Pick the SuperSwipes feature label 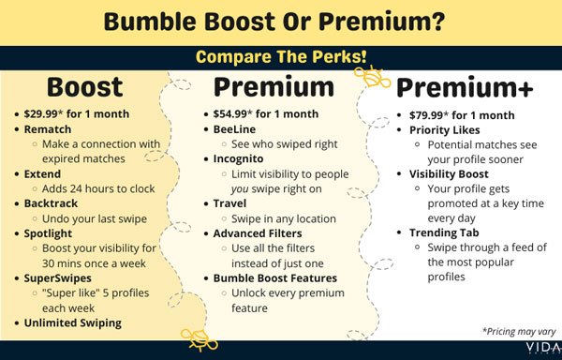58,277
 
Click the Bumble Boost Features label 275,277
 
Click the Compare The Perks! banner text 281,56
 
